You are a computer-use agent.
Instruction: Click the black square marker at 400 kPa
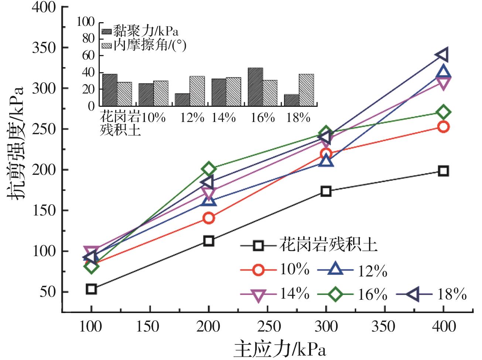pyautogui.click(x=443, y=171)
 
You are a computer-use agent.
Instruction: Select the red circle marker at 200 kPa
pyautogui.click(x=209, y=218)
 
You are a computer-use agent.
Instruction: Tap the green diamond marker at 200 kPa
pyautogui.click(x=209, y=169)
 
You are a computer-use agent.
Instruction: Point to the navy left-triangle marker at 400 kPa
pyautogui.click(x=442, y=55)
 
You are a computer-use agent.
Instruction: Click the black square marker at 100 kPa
pyautogui.click(x=91, y=289)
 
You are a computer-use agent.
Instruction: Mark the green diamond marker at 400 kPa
pyautogui.click(x=443, y=112)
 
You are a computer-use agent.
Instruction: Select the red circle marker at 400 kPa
pyautogui.click(x=443, y=127)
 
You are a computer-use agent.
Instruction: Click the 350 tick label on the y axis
pyautogui.click(x=44, y=48)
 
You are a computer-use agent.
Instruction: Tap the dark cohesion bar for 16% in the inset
pyautogui.click(x=256, y=87)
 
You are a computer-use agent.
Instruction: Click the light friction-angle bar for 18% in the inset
pyautogui.click(x=307, y=90)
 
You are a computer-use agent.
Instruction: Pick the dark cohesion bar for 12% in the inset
pyautogui.click(x=182, y=99)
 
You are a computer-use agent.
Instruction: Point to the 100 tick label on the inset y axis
pyautogui.click(x=86, y=22)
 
